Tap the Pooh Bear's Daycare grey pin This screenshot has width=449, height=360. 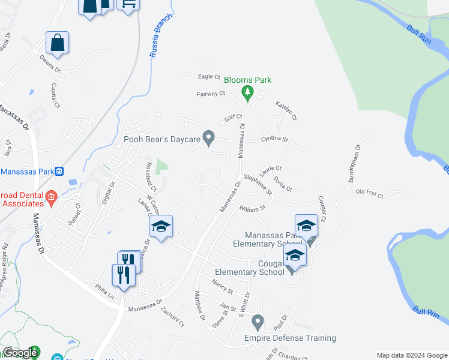(x=209, y=139)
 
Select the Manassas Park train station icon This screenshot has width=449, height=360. (x=59, y=172)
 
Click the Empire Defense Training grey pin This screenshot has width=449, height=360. (x=258, y=322)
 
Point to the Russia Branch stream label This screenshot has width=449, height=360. (x=160, y=35)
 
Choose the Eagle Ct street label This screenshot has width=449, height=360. (x=209, y=77)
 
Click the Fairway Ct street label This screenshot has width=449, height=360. (x=210, y=94)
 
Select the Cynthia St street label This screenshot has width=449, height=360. (x=275, y=139)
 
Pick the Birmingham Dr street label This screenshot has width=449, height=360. (x=353, y=157)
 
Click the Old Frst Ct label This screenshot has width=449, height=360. (x=369, y=193)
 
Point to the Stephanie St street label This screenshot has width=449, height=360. (x=258, y=185)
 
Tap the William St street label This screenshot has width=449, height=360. (x=252, y=209)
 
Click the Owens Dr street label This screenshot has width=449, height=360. (x=50, y=65)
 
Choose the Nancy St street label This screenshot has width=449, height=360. (x=223, y=282)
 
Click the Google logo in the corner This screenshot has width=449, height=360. (x=20, y=353)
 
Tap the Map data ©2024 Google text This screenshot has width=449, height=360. (x=412, y=355)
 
